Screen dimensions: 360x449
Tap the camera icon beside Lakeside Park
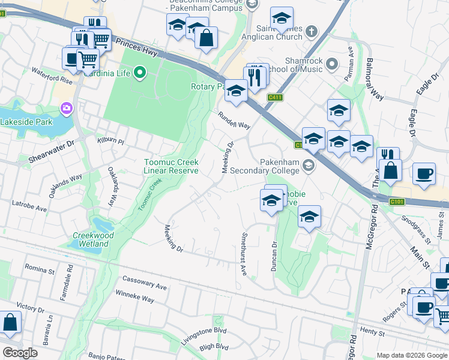(x=66, y=109)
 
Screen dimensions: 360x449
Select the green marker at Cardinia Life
(x=140, y=73)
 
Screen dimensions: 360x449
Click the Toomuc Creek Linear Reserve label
(x=170, y=166)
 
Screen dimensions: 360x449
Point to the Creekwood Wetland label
(x=93, y=240)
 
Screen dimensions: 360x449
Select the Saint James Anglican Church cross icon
(x=311, y=31)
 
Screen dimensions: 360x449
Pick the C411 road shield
(x=276, y=97)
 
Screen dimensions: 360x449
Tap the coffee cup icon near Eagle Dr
(x=424, y=173)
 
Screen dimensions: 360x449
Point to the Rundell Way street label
(x=234, y=120)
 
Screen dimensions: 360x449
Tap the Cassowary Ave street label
(x=144, y=283)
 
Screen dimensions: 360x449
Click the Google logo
(x=20, y=352)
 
